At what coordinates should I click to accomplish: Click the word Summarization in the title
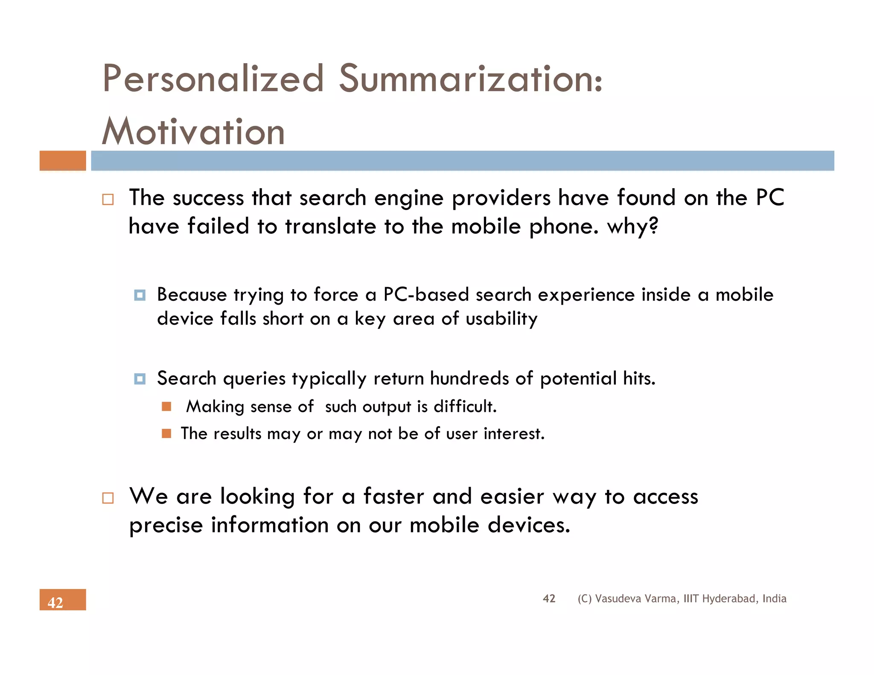pos(470,79)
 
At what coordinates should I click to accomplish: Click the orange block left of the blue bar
pos(63,161)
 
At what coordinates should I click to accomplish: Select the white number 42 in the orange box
pos(55,602)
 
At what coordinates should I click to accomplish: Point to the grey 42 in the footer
pos(549,598)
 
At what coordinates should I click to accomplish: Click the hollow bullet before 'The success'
pos(108,200)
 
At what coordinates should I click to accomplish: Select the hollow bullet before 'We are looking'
pos(108,498)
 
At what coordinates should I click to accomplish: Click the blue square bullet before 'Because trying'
pos(140,295)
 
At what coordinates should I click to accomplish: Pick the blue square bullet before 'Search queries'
pos(140,379)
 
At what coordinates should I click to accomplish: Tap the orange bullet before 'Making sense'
pos(166,407)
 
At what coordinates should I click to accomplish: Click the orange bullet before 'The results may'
pos(166,434)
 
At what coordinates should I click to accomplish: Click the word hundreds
pos(469,378)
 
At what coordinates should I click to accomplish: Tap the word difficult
pos(465,407)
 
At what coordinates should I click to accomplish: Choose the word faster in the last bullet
pos(393,497)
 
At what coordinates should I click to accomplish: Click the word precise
pos(166,525)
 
